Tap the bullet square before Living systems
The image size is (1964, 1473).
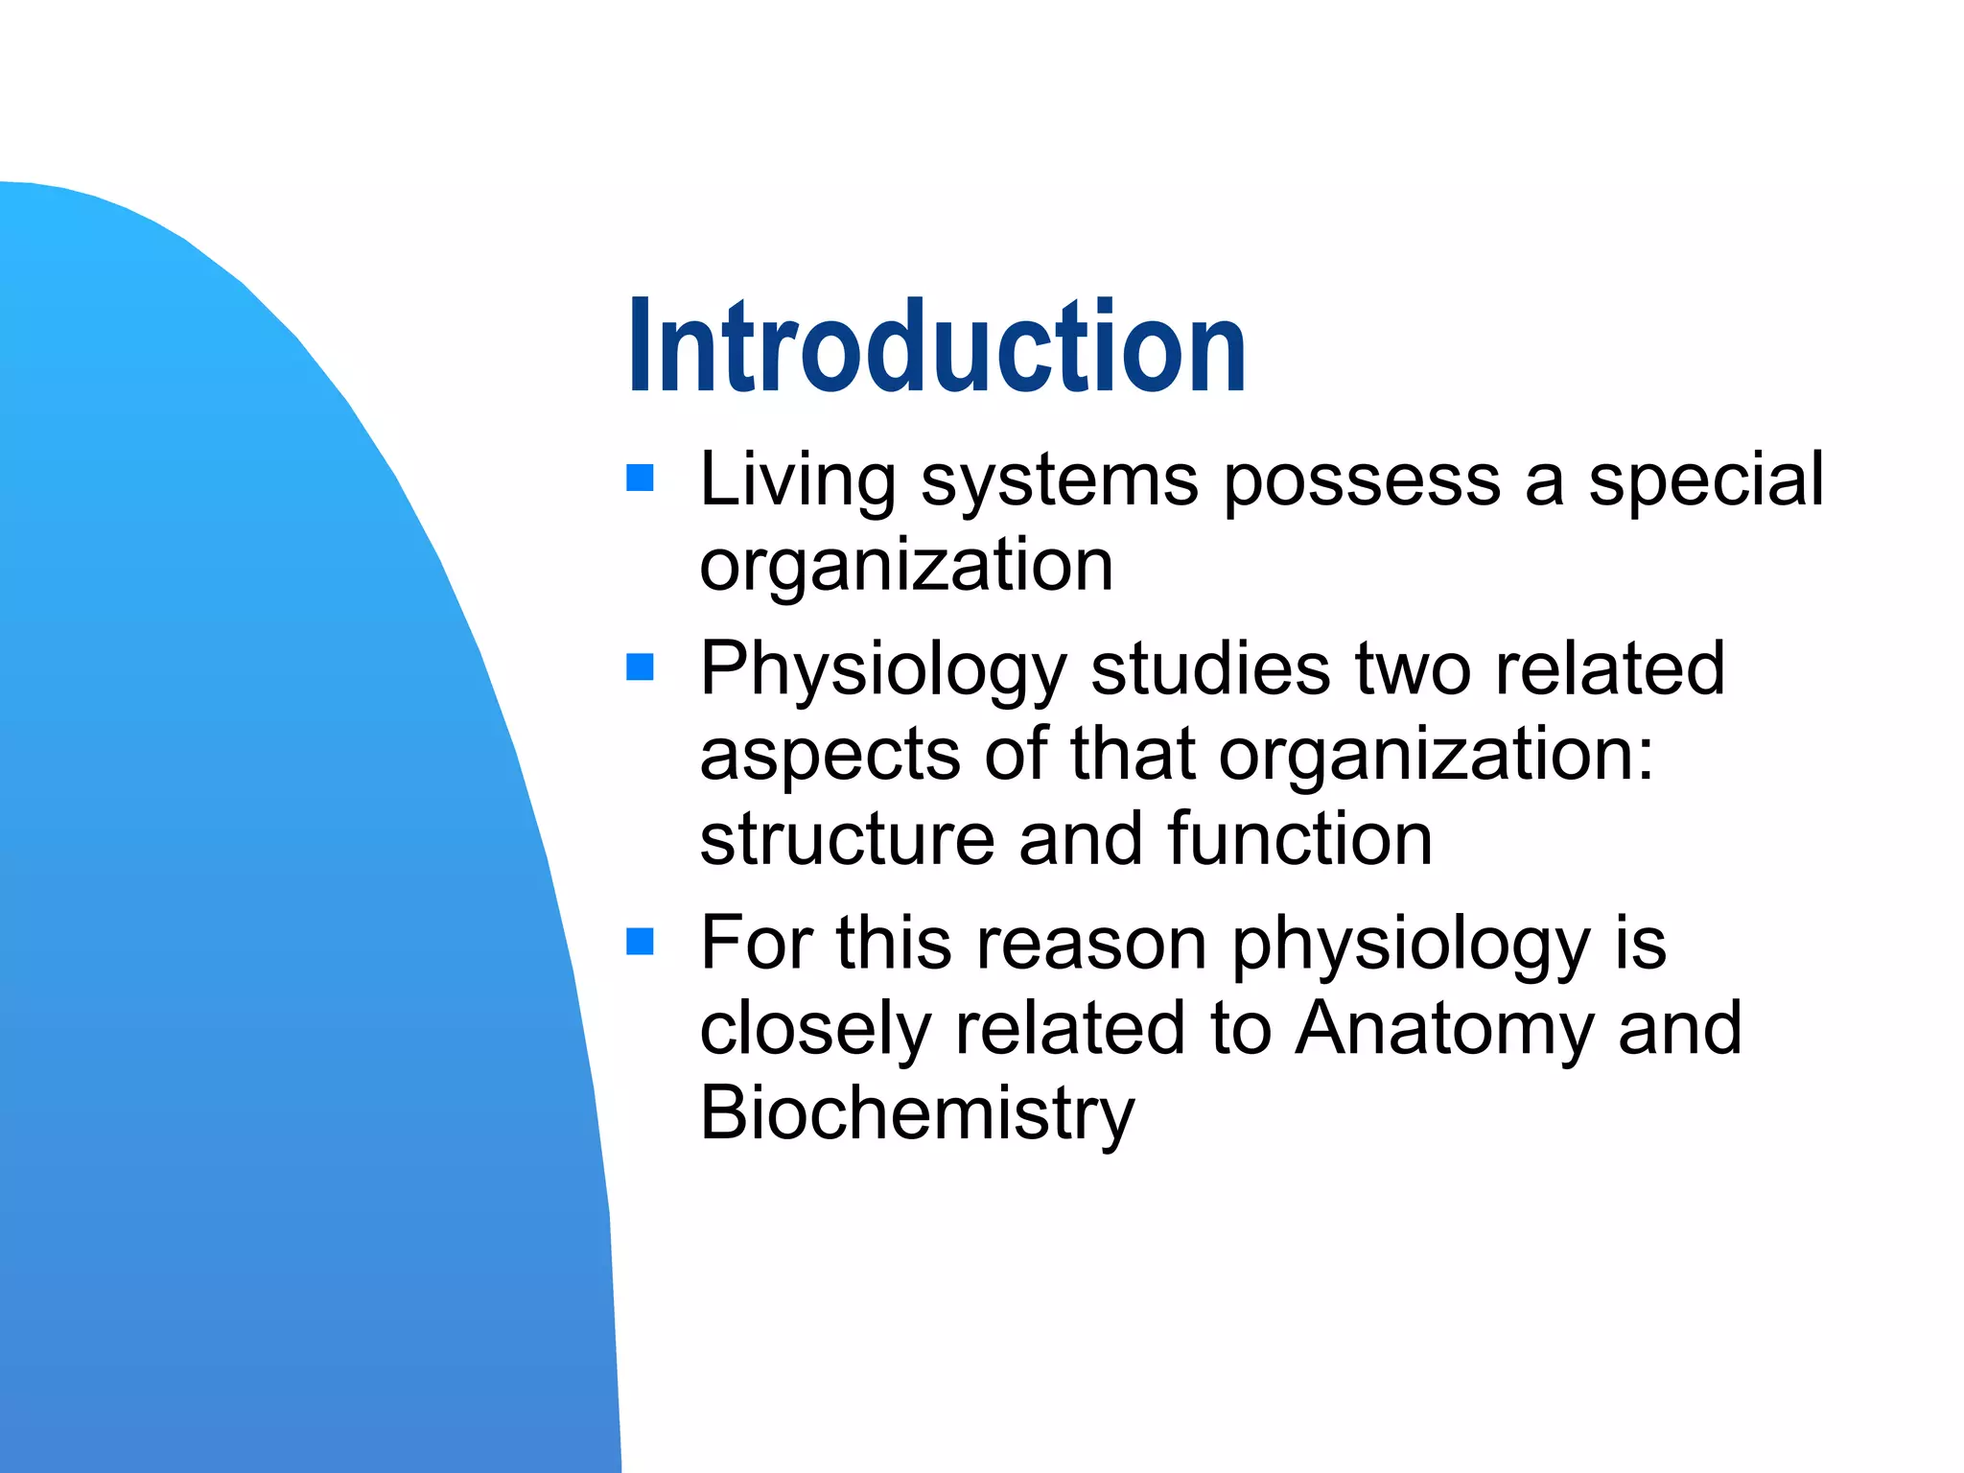point(640,478)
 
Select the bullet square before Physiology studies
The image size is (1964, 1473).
point(640,666)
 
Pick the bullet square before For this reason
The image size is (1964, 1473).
point(640,942)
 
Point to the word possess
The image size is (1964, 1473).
point(1363,481)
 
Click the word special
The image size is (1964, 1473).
point(1706,479)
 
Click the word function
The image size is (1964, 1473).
point(1299,839)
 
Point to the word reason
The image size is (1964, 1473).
point(1092,945)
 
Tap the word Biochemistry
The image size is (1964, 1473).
point(917,1114)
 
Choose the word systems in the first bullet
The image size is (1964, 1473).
point(1060,481)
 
